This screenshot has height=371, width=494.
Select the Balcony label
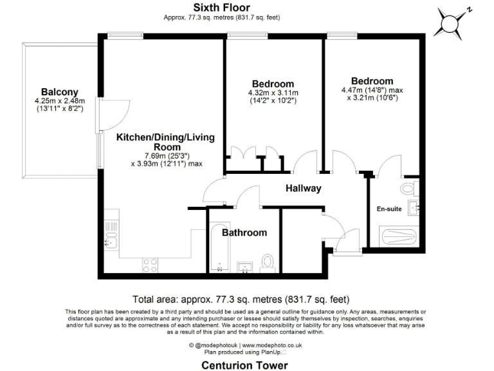click(x=60, y=91)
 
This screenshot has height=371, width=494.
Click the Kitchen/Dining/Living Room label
click(x=165, y=142)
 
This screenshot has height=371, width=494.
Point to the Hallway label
click(x=303, y=189)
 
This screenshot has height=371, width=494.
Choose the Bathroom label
click(x=244, y=233)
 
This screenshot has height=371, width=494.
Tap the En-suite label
click(x=389, y=209)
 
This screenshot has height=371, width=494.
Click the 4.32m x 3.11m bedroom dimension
click(x=273, y=93)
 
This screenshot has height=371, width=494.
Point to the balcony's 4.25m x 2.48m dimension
click(x=60, y=101)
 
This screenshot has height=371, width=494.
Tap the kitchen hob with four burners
click(x=150, y=263)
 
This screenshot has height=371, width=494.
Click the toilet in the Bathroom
click(x=268, y=261)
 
